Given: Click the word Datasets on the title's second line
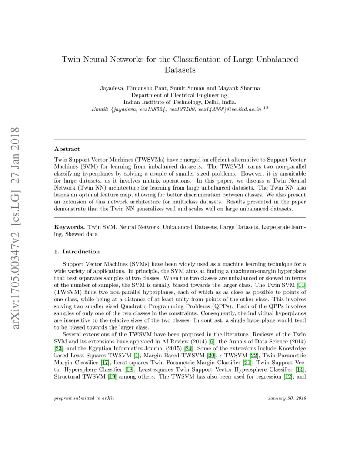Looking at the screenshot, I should click(180, 70).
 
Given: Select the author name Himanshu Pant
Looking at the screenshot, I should click(143, 88).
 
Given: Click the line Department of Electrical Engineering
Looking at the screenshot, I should click(180, 95).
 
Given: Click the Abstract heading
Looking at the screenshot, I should click(67, 149).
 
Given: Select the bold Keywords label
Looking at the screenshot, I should click(69, 227).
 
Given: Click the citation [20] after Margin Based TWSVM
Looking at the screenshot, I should click(212, 355).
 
